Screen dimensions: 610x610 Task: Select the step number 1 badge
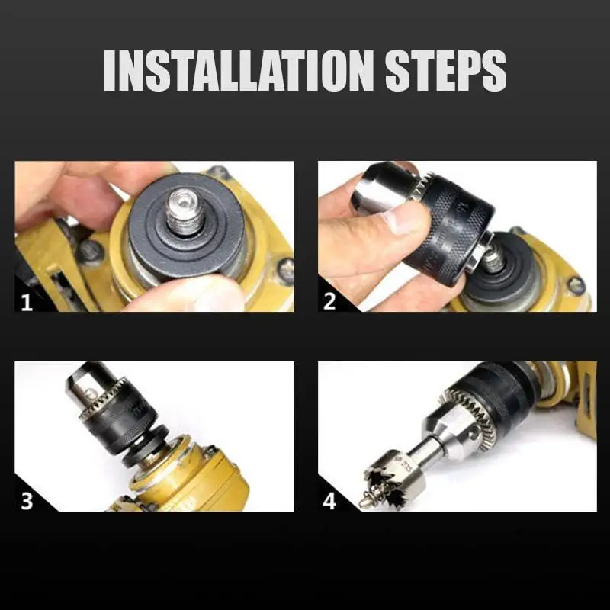click(x=27, y=301)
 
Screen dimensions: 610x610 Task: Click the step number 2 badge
click(x=329, y=301)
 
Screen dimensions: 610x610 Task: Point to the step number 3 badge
click(x=27, y=501)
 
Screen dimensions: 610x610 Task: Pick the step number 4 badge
click(x=329, y=501)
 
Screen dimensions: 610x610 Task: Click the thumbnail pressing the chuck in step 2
click(x=401, y=222)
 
